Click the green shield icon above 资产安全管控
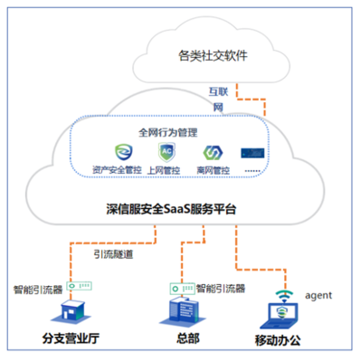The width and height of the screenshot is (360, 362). [x=117, y=151]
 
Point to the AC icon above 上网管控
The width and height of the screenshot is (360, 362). [x=166, y=151]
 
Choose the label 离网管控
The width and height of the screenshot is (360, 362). [x=213, y=168]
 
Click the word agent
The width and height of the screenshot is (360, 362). [x=324, y=296]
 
